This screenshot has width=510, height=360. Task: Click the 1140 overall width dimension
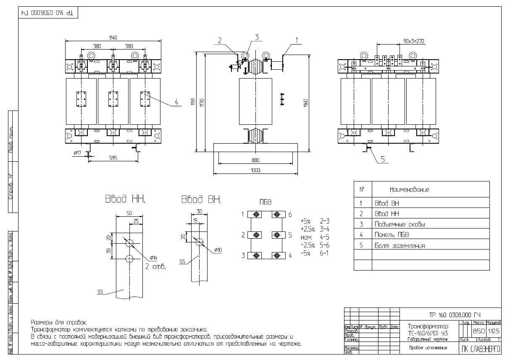point(113,38)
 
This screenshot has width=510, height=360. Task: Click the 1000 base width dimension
point(255,170)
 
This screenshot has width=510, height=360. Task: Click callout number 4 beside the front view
point(176,102)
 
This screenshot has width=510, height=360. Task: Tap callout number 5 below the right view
point(383,159)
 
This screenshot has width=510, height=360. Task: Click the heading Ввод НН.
point(125,199)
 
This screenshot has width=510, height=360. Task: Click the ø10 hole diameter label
point(218,250)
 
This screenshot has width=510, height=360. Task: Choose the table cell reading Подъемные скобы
point(400,224)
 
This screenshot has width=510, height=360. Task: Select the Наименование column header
point(409,190)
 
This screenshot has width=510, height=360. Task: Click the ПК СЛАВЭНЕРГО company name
point(481,349)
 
